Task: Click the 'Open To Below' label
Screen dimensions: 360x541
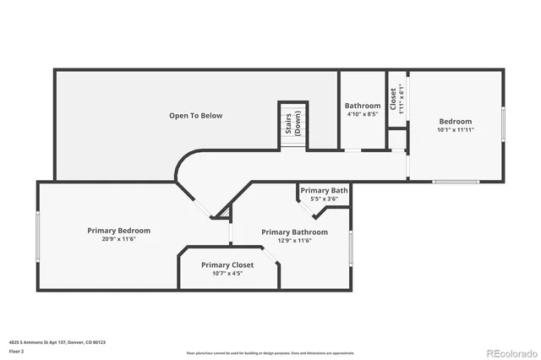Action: click(x=195, y=115)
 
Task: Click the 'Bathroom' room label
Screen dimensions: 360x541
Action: click(x=363, y=106)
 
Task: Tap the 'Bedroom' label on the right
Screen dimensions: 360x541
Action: click(x=455, y=121)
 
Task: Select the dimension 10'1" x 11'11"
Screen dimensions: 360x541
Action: click(x=455, y=130)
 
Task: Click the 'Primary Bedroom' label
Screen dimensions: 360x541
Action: click(x=119, y=230)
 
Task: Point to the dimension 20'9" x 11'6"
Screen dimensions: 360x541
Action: click(x=119, y=239)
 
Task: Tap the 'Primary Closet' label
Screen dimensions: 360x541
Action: click(x=227, y=265)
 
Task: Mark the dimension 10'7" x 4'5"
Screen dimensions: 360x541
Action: click(x=227, y=274)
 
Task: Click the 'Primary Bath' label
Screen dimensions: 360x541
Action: click(x=324, y=190)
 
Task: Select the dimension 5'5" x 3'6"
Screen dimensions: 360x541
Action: click(x=324, y=199)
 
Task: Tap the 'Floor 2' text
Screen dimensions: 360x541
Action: click(x=16, y=351)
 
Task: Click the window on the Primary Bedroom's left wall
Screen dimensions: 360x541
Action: click(x=37, y=236)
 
